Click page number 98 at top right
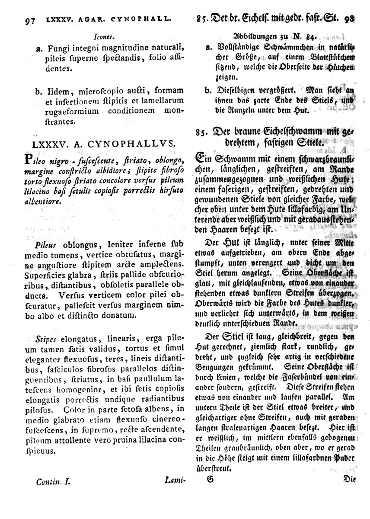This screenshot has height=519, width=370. point(349,19)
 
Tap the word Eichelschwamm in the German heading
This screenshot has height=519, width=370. point(285,133)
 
